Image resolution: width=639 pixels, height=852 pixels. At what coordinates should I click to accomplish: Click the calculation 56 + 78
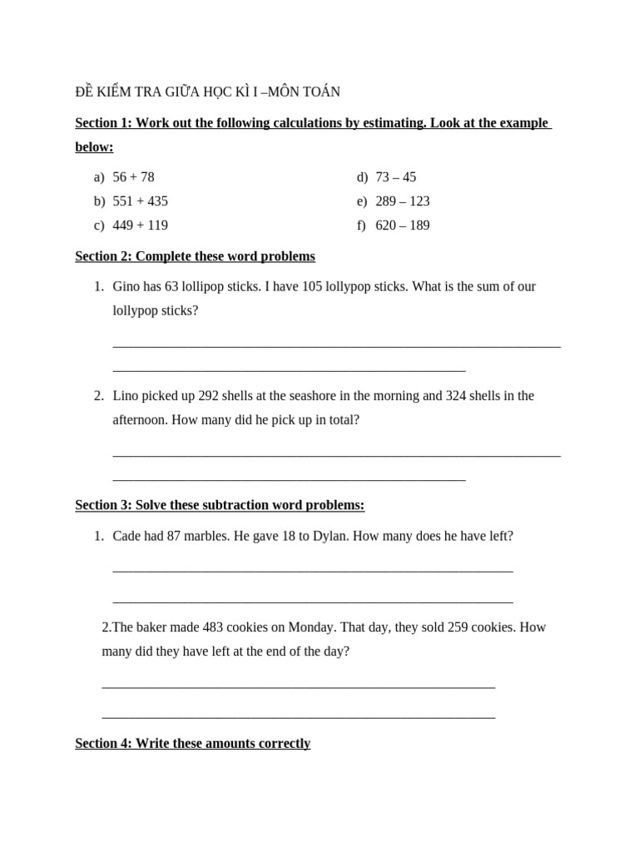(x=133, y=177)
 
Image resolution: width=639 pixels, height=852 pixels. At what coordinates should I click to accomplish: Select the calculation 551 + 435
(x=140, y=201)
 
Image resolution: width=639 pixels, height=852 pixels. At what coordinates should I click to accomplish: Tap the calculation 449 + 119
(x=140, y=225)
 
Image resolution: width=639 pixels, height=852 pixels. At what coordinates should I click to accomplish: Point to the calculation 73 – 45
(x=396, y=177)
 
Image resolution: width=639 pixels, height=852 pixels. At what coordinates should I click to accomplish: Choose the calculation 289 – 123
(x=403, y=201)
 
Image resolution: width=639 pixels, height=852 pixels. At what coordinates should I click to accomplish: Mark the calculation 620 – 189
(x=403, y=225)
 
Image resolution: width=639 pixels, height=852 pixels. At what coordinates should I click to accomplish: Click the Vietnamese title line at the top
(x=208, y=92)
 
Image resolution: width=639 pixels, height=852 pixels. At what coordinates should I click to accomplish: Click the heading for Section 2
(x=195, y=256)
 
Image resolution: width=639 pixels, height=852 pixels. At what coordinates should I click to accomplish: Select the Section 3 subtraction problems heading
(x=220, y=505)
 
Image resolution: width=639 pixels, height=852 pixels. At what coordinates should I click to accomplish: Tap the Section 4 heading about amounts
(x=193, y=743)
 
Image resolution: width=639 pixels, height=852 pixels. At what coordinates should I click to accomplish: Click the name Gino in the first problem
(x=127, y=286)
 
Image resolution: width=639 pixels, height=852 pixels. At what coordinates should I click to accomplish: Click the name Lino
(x=127, y=396)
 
